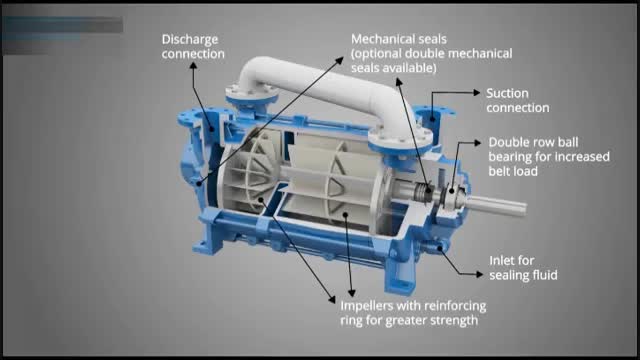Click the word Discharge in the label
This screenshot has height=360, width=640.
[x=190, y=40]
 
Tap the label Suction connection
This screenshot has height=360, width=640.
[x=518, y=100]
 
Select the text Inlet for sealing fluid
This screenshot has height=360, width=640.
[x=523, y=268]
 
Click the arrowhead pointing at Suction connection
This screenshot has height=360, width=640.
[x=477, y=93]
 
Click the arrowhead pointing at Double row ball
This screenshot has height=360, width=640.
[x=478, y=142]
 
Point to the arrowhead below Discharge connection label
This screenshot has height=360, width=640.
[x=193, y=65]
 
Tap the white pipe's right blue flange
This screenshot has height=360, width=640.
[x=400, y=142]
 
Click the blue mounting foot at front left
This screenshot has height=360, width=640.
[x=207, y=246]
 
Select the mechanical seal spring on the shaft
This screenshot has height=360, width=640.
[x=423, y=192]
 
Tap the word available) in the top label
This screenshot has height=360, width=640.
[x=412, y=68]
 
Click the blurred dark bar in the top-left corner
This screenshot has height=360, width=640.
[x=62, y=25]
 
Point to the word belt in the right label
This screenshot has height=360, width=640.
[x=500, y=171]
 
